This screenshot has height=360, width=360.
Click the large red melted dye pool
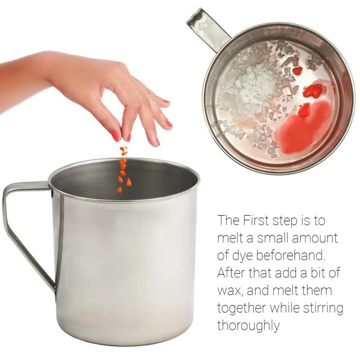click(x=302, y=127)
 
